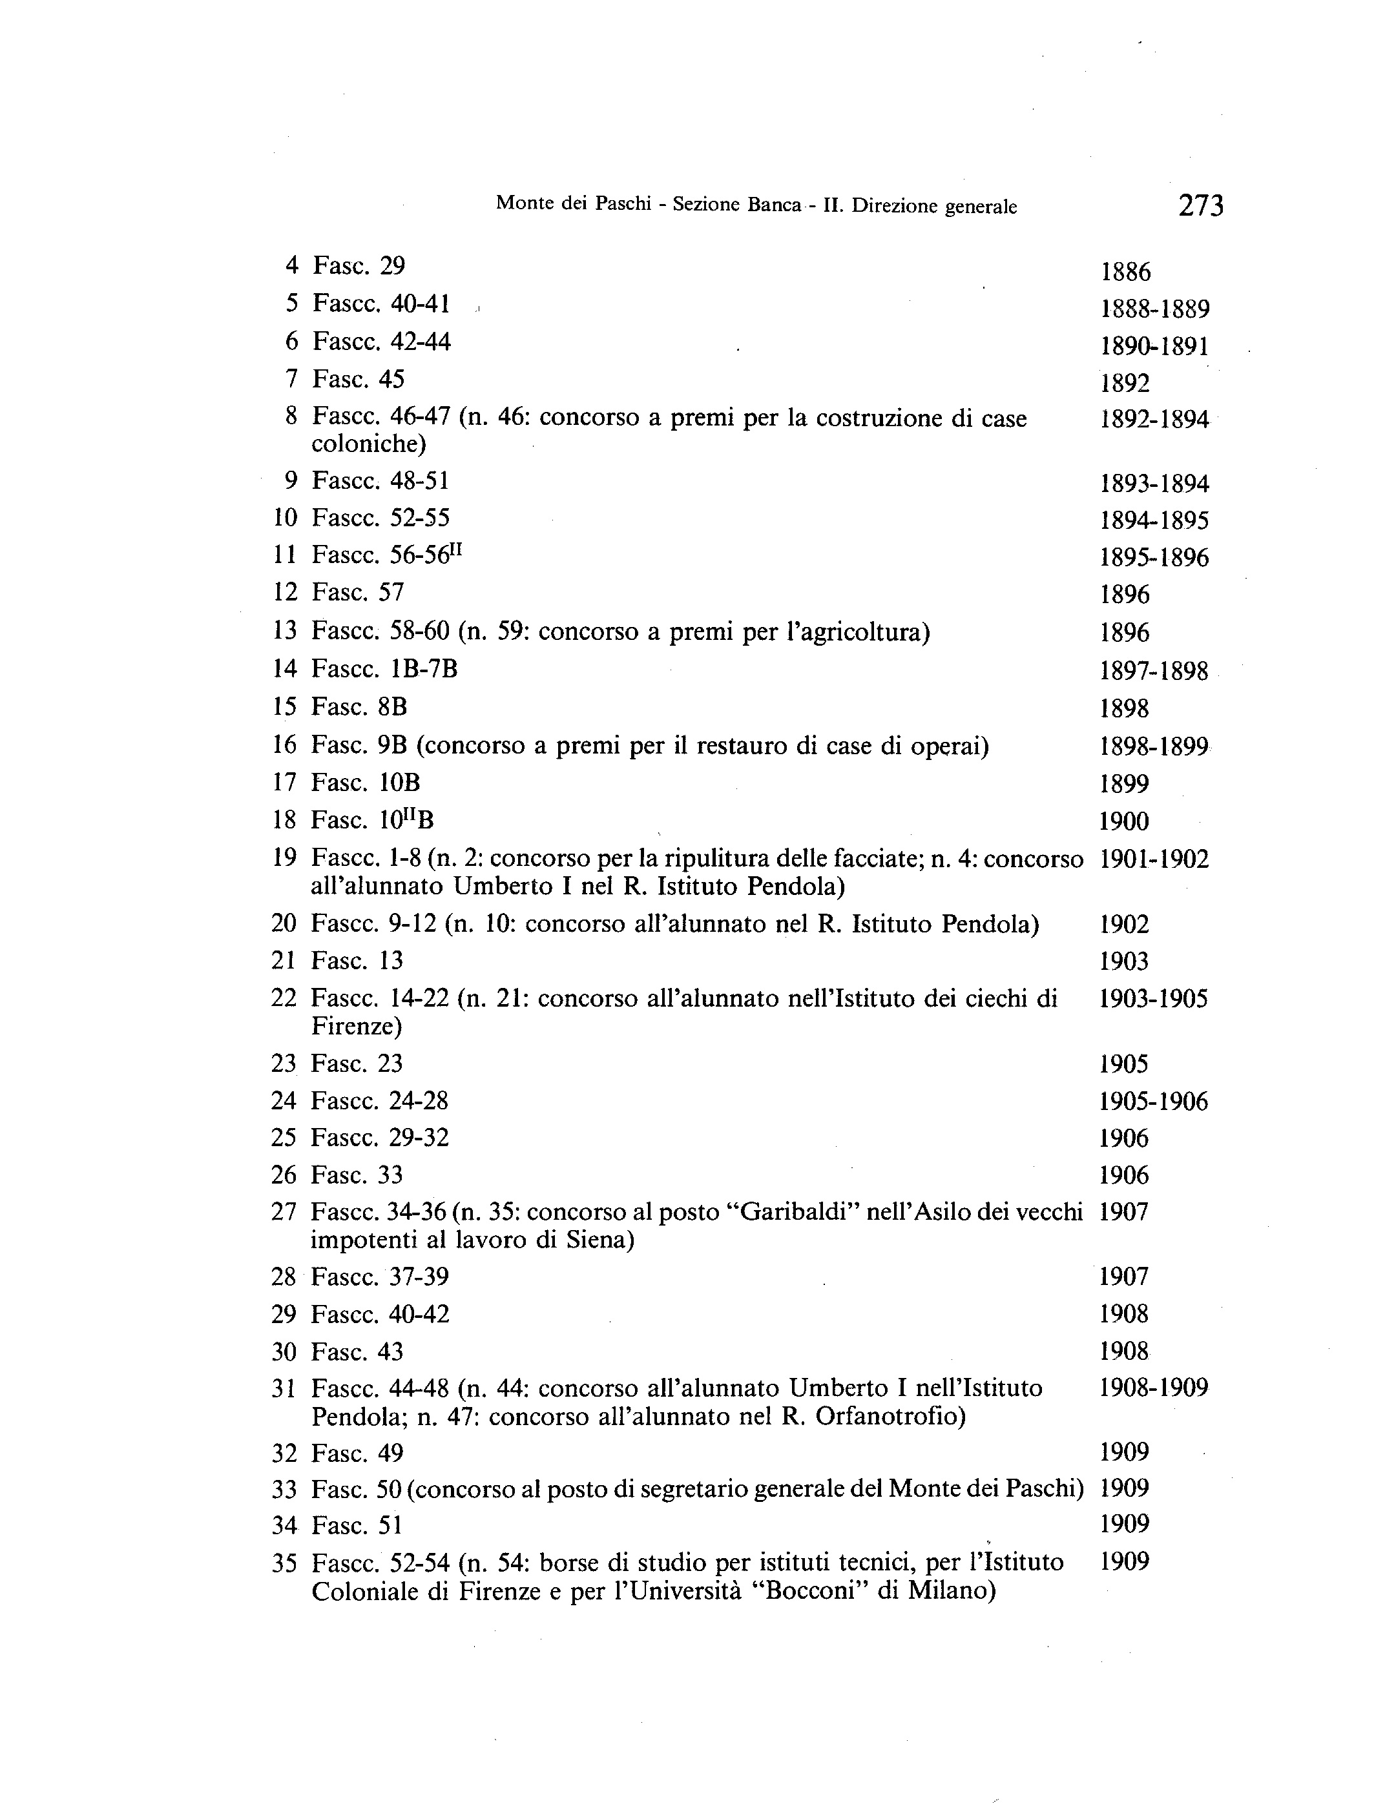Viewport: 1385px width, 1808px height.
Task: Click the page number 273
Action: [x=1201, y=205]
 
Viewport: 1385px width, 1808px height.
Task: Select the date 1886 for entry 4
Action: [x=1125, y=272]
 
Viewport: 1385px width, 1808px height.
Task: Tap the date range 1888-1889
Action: [x=1155, y=309]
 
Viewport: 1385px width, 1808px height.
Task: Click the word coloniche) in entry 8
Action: [x=368, y=444]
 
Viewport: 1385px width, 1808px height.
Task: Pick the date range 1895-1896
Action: [x=1154, y=558]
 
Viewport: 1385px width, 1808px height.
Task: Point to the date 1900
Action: [x=1123, y=821]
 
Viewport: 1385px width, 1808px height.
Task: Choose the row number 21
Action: [x=284, y=961]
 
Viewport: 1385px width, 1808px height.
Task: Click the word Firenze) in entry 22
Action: [x=356, y=1026]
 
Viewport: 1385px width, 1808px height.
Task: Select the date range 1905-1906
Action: [x=1153, y=1101]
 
